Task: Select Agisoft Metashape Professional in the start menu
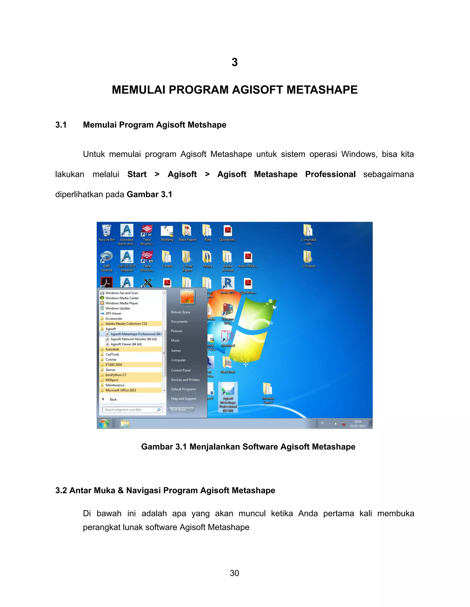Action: coord(133,334)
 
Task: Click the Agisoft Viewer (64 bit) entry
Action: coord(126,344)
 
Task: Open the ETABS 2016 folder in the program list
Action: coord(114,365)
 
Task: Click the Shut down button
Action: coord(178,410)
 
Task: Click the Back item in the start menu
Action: coord(113,399)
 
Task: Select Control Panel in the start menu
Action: coord(181,370)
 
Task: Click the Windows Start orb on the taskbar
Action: coord(104,424)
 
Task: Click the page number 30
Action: coord(235,573)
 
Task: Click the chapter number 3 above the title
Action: coord(235,62)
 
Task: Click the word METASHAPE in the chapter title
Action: coord(322,90)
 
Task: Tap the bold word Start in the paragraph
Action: coord(137,174)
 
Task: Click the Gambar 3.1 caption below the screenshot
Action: coord(248,447)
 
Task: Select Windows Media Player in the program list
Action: coord(121,303)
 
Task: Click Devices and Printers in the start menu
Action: coord(185,380)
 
